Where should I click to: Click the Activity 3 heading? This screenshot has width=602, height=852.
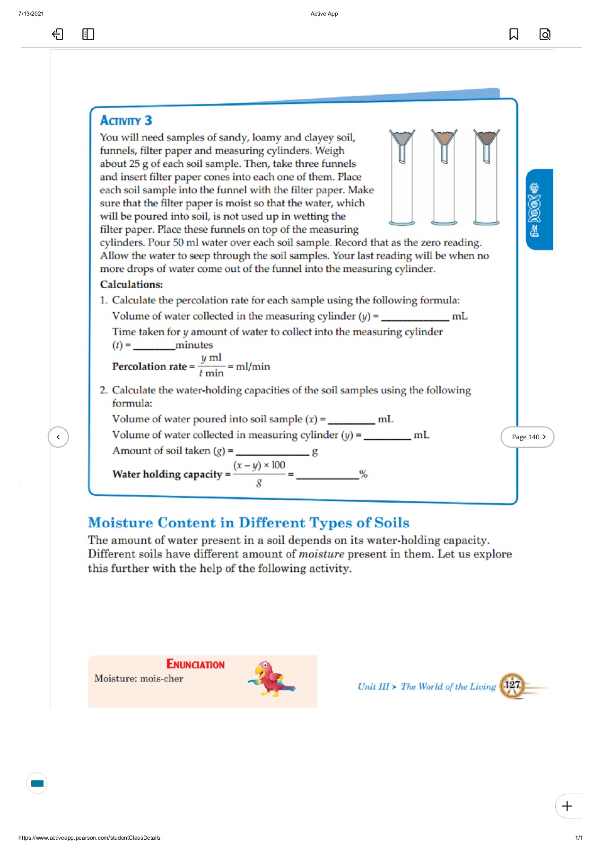click(x=126, y=121)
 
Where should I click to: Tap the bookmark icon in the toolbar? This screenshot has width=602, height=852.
click(x=514, y=34)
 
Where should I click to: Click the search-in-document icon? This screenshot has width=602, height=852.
click(x=545, y=34)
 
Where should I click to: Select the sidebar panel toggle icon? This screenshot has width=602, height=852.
click(x=88, y=34)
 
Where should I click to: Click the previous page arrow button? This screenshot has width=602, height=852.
click(x=58, y=437)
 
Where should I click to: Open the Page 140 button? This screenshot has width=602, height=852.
click(x=527, y=437)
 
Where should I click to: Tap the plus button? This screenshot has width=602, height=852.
click(x=567, y=806)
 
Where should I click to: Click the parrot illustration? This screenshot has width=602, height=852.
click(x=272, y=679)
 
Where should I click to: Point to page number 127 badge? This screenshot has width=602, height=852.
click(x=512, y=685)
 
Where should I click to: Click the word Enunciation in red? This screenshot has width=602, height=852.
click(x=195, y=665)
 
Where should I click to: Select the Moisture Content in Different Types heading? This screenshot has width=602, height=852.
click(x=248, y=523)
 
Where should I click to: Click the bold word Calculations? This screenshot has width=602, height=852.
click(x=131, y=284)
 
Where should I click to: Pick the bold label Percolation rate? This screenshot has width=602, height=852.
click(x=149, y=366)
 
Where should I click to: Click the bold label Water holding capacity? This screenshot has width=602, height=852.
click(x=167, y=474)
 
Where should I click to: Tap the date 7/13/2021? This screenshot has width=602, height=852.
click(x=31, y=14)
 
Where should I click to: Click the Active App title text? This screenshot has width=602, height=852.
click(x=324, y=14)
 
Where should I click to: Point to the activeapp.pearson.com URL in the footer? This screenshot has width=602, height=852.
click(x=89, y=838)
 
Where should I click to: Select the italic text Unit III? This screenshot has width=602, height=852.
click(x=373, y=686)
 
